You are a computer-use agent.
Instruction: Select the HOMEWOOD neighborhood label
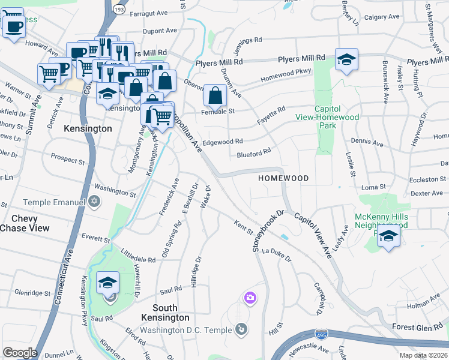tap(283, 179)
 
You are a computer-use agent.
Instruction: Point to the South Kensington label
tap(165, 313)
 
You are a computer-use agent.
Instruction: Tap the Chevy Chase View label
tap(19, 223)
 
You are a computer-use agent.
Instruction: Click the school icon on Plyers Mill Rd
tap(346, 59)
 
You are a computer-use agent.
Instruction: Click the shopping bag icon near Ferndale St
tap(215, 95)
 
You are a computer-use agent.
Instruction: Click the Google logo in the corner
tap(20, 353)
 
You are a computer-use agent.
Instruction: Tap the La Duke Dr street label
tap(276, 258)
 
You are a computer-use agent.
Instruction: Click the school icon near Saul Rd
tap(108, 283)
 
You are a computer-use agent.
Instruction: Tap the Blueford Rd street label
tap(254, 154)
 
